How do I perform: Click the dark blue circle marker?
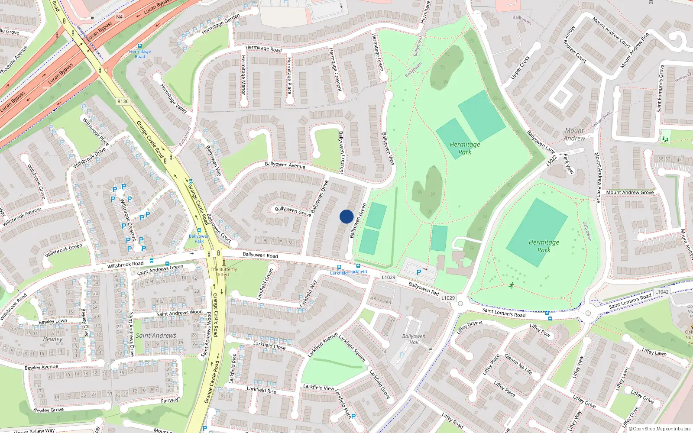(346, 216)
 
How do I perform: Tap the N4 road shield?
(120, 17)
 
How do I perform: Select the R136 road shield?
(123, 101)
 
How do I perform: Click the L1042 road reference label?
(662, 292)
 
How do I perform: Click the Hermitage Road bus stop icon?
(139, 46)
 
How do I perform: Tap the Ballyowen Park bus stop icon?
(199, 231)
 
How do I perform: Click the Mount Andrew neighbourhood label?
(574, 134)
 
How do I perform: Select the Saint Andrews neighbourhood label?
(156, 336)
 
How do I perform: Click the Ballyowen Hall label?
(414, 339)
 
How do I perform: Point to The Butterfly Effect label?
(224, 271)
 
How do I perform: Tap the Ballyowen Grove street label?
(293, 211)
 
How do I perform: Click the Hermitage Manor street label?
(243, 75)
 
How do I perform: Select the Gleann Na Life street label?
(518, 365)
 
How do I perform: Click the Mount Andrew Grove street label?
(630, 192)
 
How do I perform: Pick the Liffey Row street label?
(540, 330)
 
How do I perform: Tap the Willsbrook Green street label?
(64, 250)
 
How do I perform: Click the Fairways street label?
(170, 400)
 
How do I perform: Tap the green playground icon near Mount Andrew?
(665, 139)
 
